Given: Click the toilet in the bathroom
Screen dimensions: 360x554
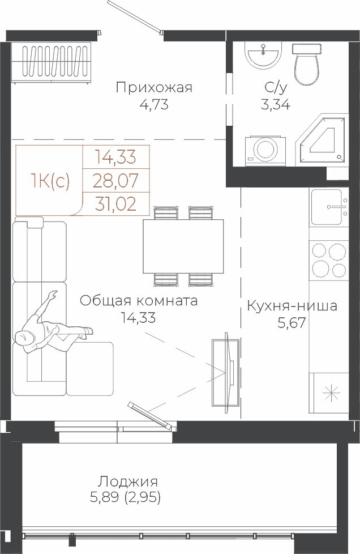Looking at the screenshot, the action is point(307,65).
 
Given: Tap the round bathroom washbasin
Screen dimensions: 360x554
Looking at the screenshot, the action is point(264,55).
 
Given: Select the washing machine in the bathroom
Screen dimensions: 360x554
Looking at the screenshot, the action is point(265,150).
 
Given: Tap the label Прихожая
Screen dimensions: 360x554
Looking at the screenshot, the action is point(154,88).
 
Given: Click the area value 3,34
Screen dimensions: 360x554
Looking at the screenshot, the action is point(275,105).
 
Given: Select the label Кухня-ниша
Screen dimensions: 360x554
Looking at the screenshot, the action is point(292,306).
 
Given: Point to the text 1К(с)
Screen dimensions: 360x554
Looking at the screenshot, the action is point(50,181).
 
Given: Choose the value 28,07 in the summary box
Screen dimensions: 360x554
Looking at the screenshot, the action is point(115,181).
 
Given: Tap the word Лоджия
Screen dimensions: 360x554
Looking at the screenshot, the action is point(128,481).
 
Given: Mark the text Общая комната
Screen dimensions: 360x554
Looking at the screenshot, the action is point(138,301).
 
